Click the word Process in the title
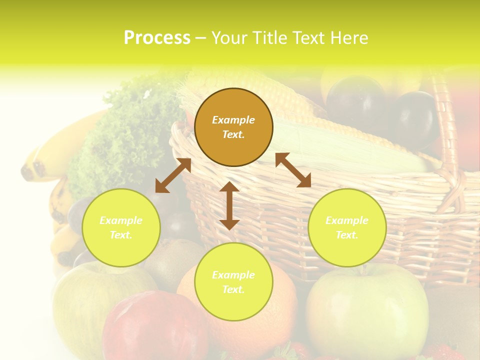click(157, 38)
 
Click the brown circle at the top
click(233, 127)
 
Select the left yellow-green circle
click(121, 228)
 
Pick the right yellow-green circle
click(347, 228)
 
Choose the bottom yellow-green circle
click(233, 282)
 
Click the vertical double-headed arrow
click(229, 205)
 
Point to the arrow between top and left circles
click(173, 175)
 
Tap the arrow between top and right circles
click(293, 170)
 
